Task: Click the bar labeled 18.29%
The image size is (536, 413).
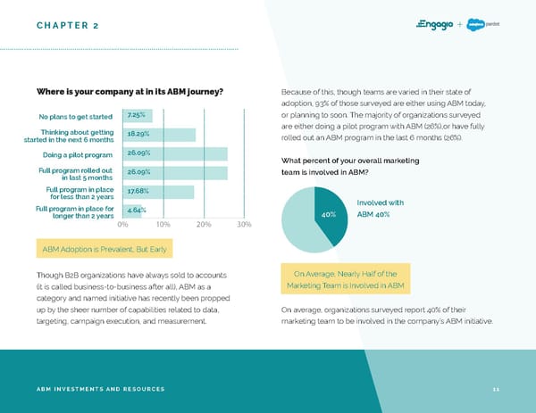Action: point(158,135)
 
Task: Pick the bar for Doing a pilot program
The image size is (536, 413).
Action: point(174,153)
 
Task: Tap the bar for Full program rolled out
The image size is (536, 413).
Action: point(174,172)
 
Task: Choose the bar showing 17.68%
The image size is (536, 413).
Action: point(157,191)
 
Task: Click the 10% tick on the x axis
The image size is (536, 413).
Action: point(163,224)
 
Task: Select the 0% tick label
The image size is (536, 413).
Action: point(122,224)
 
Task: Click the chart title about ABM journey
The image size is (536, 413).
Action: point(130,92)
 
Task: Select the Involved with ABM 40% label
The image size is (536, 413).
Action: point(380,208)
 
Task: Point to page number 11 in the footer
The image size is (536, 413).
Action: point(495,389)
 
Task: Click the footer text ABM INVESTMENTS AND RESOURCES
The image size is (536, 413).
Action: point(100,389)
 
